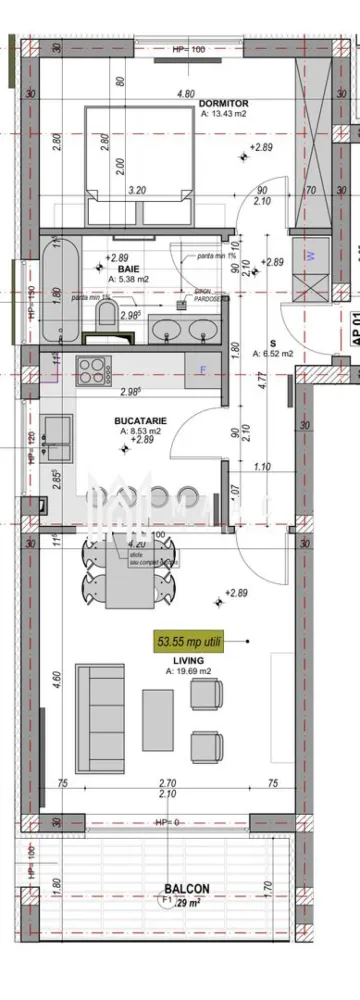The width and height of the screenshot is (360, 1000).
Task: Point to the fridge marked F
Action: click(x=203, y=368)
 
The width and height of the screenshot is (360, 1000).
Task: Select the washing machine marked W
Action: click(x=308, y=255)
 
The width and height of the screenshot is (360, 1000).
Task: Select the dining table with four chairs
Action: click(x=132, y=565)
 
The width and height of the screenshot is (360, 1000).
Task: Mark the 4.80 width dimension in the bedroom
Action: click(x=185, y=93)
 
